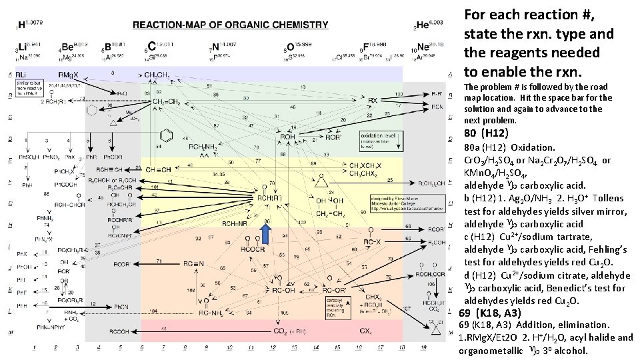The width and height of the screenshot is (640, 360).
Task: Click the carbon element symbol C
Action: tap(151, 47)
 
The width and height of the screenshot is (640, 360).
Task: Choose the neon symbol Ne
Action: tap(423, 47)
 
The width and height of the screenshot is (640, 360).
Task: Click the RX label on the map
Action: tap(373, 101)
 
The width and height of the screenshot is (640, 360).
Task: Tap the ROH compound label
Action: tap(287, 138)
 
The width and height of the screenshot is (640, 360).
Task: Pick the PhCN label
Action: tap(120, 306)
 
